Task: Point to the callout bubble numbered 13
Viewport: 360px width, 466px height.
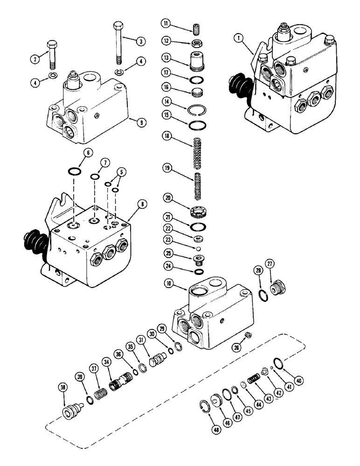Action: point(166,58)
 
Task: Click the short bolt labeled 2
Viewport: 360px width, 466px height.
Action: point(51,54)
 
